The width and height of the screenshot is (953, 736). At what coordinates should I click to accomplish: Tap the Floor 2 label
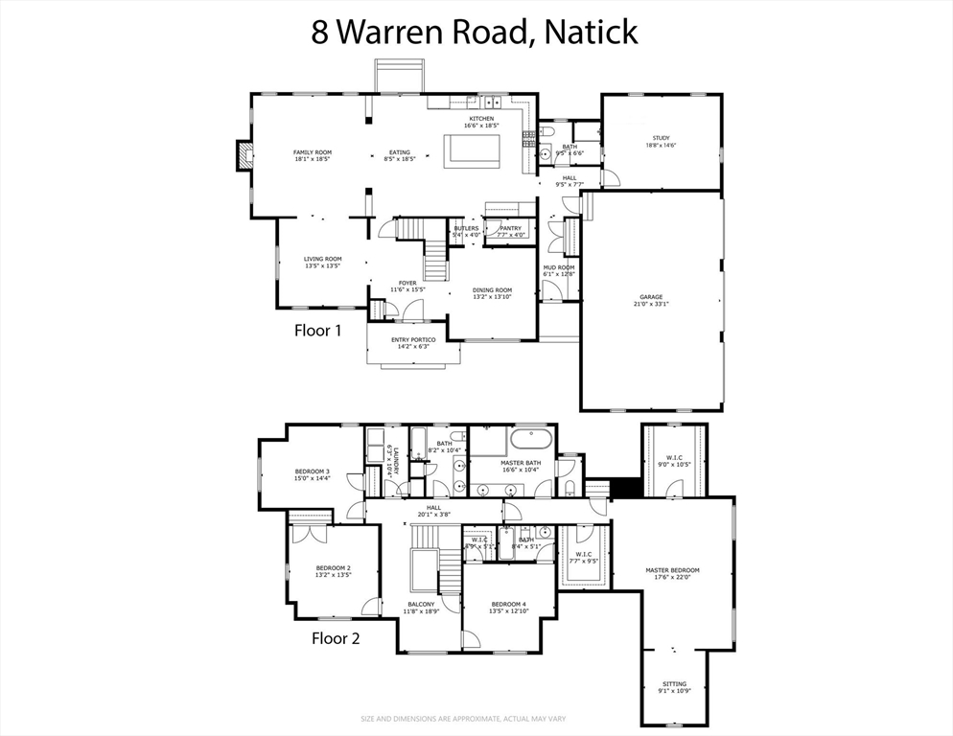(x=336, y=638)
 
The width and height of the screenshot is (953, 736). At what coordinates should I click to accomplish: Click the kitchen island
(x=474, y=150)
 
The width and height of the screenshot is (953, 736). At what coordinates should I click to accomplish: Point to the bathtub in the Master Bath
(x=531, y=441)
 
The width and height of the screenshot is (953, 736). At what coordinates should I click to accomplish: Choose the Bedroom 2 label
(x=333, y=572)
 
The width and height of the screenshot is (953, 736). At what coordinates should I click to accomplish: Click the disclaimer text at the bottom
(x=476, y=719)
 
